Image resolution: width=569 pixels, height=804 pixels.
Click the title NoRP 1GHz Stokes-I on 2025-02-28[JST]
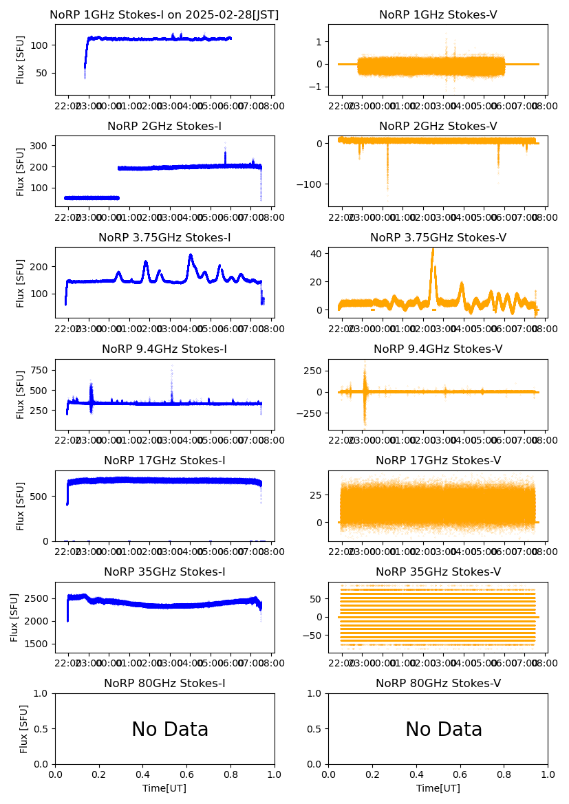click(164, 15)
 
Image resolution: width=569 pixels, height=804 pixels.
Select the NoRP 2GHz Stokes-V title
click(438, 127)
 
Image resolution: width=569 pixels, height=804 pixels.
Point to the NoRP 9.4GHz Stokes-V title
click(438, 349)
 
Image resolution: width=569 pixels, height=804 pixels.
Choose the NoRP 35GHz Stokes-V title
click(438, 572)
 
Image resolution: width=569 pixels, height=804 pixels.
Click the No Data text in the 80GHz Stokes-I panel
click(170, 730)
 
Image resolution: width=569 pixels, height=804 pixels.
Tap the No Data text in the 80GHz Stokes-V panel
click(444, 730)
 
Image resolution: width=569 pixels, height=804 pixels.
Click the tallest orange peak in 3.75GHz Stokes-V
click(433, 250)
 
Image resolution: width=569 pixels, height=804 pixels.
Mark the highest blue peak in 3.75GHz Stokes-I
click(191, 255)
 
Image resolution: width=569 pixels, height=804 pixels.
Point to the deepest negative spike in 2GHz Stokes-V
click(387, 187)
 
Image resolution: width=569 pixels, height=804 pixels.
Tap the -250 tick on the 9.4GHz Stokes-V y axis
click(310, 413)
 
